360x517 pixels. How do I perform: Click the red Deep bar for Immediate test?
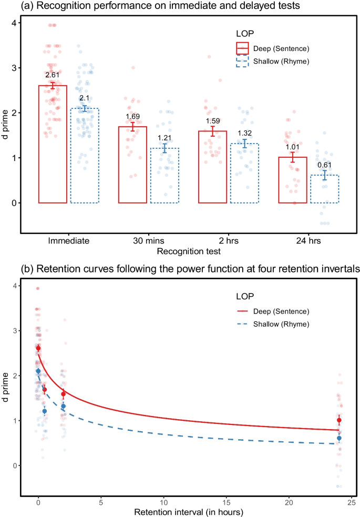point(52,144)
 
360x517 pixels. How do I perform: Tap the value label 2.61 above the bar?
point(52,75)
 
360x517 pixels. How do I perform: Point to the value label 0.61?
point(325,165)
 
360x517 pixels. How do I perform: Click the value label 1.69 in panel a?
point(132,116)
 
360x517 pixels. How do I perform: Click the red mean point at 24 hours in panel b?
point(339,420)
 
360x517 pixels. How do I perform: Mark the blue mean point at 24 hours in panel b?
point(339,438)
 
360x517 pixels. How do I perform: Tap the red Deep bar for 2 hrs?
point(213,167)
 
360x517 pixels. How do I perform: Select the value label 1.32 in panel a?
point(244,133)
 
